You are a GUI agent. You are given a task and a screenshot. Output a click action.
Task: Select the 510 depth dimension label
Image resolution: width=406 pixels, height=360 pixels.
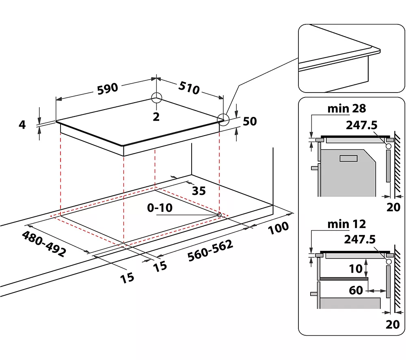pos(189,87)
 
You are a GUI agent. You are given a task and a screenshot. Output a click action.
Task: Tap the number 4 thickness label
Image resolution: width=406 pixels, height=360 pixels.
pos(22,124)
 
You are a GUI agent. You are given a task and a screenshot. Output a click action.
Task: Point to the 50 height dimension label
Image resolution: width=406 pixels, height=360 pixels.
pos(250,121)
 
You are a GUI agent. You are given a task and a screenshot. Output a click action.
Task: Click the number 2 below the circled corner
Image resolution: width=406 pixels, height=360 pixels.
pos(156,117)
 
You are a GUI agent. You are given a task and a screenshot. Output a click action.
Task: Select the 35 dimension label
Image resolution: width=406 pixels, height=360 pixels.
pos(199,191)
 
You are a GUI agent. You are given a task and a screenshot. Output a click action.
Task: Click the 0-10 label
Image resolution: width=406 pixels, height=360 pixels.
pos(160,208)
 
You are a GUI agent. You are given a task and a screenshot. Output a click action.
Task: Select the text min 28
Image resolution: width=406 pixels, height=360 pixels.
pos(347,108)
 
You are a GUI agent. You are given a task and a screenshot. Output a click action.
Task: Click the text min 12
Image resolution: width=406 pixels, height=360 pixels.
pos(347,224)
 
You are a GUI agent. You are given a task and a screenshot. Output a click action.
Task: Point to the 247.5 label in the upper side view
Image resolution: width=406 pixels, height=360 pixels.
pos(361,125)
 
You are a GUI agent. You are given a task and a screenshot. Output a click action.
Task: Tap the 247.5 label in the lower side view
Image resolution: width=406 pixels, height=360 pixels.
pos(360,240)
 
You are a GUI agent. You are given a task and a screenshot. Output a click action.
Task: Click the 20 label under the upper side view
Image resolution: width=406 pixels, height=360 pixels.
pos(393,207)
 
